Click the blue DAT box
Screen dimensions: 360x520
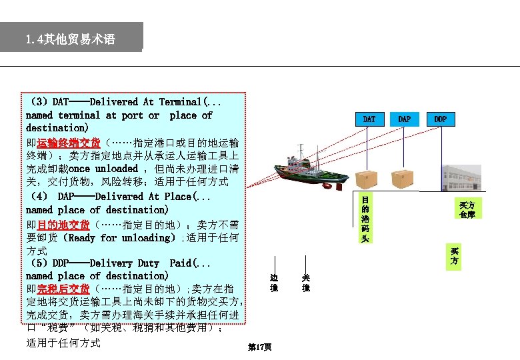(x=369, y=119)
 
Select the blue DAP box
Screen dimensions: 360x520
(x=404, y=119)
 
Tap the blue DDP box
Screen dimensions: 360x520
(x=440, y=119)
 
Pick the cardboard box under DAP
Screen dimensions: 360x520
(x=403, y=179)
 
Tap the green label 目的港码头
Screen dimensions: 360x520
(x=365, y=219)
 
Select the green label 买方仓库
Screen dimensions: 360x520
(x=467, y=209)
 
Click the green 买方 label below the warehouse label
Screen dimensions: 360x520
(x=454, y=256)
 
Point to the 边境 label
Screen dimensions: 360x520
(x=273, y=283)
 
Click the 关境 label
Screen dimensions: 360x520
(x=305, y=283)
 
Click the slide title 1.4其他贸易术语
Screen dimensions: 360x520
(x=71, y=39)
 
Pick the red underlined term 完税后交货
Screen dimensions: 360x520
(x=63, y=289)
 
